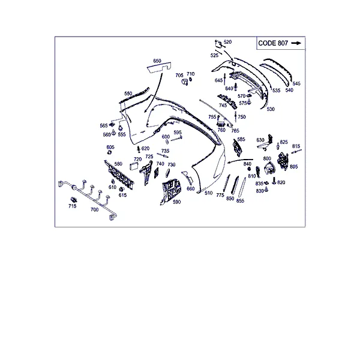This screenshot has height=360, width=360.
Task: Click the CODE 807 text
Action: coord(273,43)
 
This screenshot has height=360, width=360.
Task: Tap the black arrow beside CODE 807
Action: coord(296,43)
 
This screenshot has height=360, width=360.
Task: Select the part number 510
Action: coord(208,193)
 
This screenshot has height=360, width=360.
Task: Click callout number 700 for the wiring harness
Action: coord(95,209)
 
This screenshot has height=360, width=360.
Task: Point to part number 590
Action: coord(177,202)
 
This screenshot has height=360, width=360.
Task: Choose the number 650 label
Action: coord(157,61)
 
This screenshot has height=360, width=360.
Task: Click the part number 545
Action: coord(296,83)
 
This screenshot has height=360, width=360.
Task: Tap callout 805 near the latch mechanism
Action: coord(293,167)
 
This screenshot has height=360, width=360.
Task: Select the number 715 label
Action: coord(73,206)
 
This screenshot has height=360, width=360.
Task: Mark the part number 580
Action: coord(118,164)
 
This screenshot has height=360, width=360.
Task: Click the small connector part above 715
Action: coord(73,200)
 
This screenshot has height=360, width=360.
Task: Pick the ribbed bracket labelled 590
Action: coord(171,191)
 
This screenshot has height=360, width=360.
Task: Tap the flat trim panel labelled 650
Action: coord(159,67)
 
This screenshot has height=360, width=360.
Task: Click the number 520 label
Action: coord(228,42)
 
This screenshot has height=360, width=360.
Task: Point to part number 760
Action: coord(221,130)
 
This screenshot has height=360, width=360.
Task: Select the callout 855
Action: coord(240,201)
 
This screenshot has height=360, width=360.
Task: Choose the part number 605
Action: coord(110,147)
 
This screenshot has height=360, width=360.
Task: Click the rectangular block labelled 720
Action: coord(134,166)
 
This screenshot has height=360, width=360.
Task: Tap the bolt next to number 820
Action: coord(274,181)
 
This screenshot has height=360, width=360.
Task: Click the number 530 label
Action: coord(271,109)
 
